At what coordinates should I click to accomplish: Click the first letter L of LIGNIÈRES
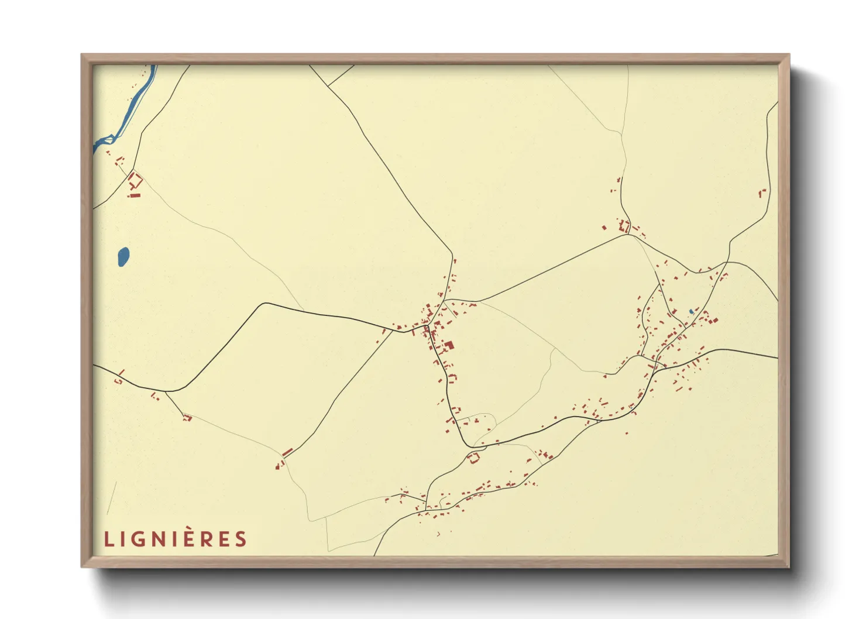coord(108,539)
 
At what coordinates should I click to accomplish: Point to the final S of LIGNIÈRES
coord(241,539)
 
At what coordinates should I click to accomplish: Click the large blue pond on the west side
coord(123,256)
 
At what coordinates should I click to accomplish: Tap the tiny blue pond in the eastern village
coord(691,311)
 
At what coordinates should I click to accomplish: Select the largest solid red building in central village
coord(449,345)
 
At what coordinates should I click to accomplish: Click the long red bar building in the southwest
coord(287,452)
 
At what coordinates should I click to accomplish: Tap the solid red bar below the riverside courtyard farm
coord(135,195)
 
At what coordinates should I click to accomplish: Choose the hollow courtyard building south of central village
coord(473,458)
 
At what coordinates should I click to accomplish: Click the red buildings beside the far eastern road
coord(762,192)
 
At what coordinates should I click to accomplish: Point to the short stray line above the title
coord(112,497)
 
